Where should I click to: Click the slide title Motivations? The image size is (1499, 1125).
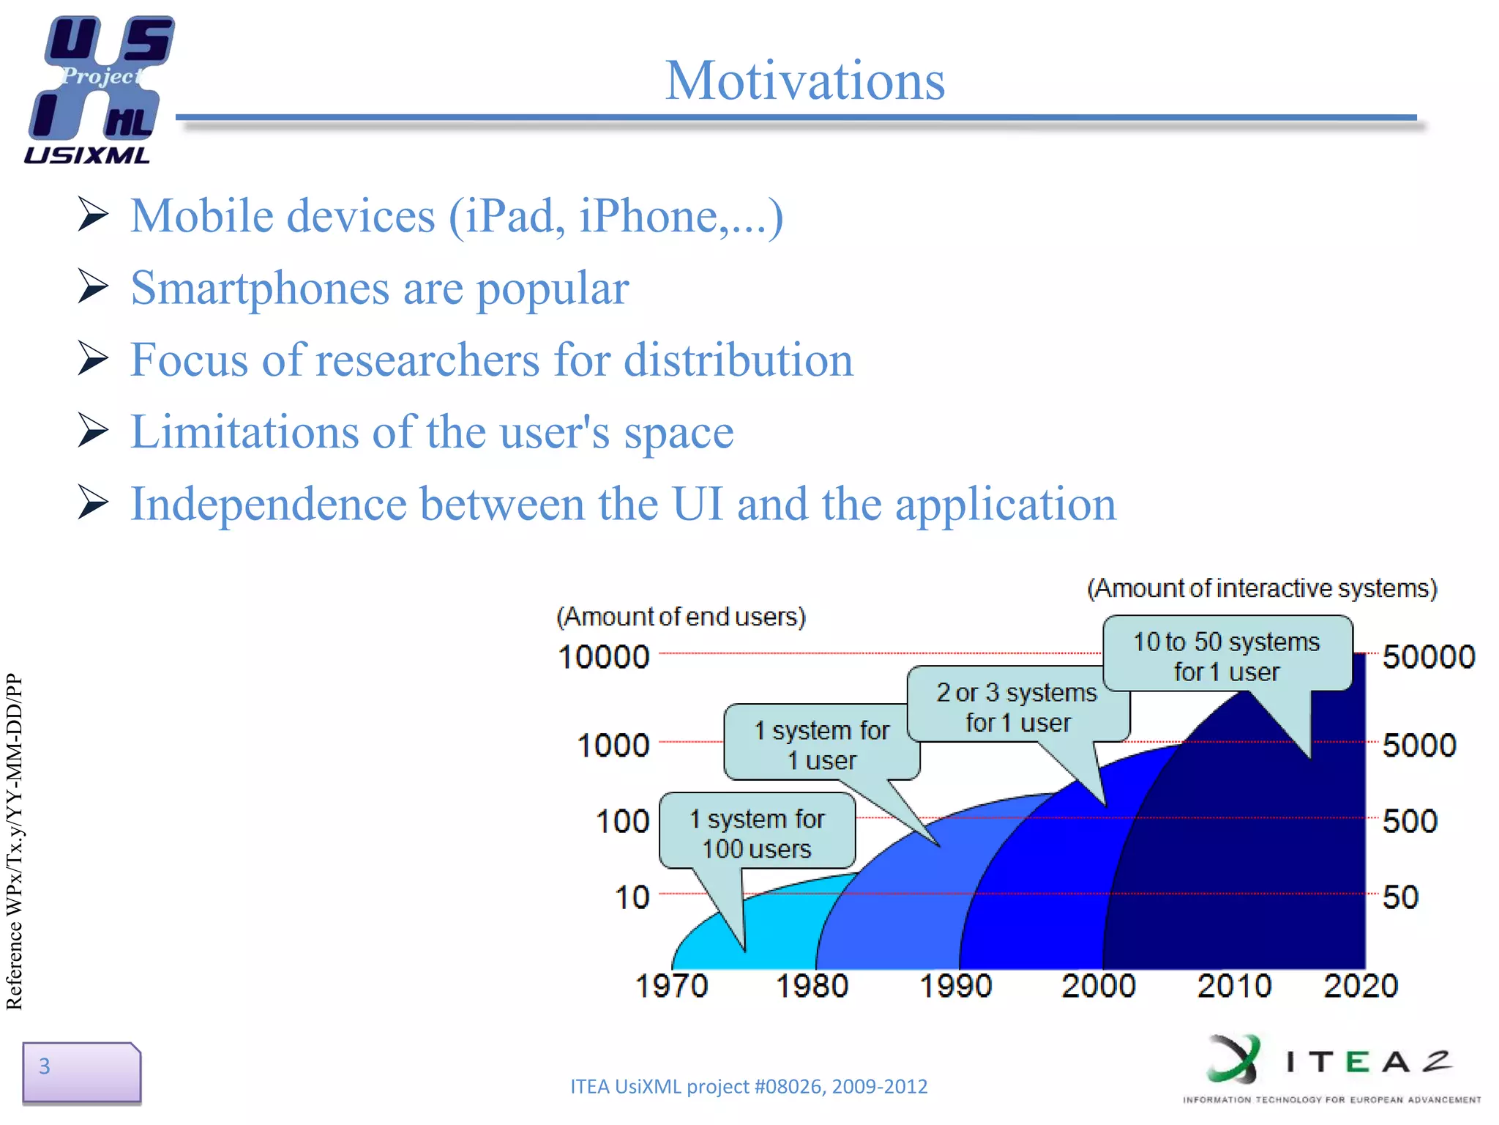point(805,81)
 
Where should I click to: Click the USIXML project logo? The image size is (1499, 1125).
point(99,88)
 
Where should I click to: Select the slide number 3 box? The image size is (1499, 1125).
point(81,1072)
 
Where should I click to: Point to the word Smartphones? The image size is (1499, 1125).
point(260,289)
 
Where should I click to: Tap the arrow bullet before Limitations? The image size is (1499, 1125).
point(93,431)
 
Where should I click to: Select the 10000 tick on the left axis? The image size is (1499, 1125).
point(603,657)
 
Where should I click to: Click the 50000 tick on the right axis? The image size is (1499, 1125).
point(1428,657)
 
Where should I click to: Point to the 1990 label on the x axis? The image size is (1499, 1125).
point(954,986)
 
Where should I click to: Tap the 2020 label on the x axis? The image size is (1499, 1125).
point(1360,986)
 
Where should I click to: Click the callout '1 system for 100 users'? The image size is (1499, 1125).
point(757,833)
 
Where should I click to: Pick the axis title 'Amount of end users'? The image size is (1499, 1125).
point(681,617)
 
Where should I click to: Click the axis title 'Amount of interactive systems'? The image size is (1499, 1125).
point(1262,588)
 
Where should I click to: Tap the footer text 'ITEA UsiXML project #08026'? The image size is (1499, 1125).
point(748,1086)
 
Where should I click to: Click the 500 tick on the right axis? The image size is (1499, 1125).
point(1409,821)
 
